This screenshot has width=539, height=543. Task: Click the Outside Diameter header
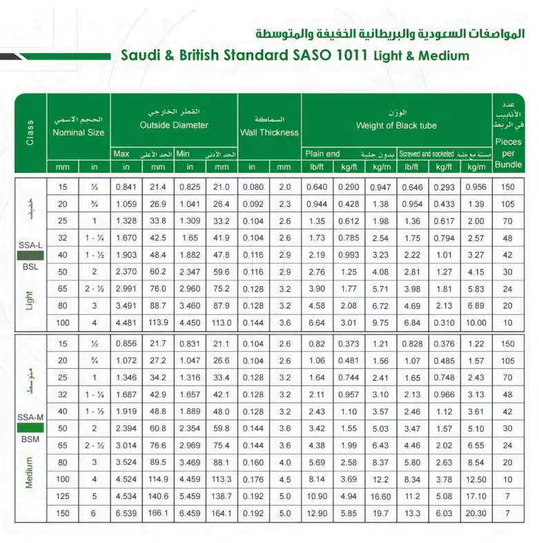tap(174, 125)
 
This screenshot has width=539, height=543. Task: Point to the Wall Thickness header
tap(269, 132)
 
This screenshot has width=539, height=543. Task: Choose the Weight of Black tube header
tap(396, 126)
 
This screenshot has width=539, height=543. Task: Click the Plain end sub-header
tap(323, 154)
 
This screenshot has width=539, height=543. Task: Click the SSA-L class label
tap(30, 246)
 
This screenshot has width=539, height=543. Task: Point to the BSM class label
tap(30, 439)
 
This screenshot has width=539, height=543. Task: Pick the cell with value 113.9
tap(159, 321)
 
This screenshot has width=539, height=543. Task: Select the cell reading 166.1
tap(159, 513)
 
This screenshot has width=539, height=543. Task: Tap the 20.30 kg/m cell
tap(476, 513)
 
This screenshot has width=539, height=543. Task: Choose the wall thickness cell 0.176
tap(253, 479)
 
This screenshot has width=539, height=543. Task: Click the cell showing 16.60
tap(380, 497)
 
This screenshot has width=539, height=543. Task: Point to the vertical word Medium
tap(30, 473)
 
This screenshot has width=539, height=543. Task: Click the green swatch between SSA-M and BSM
tap(30, 428)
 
